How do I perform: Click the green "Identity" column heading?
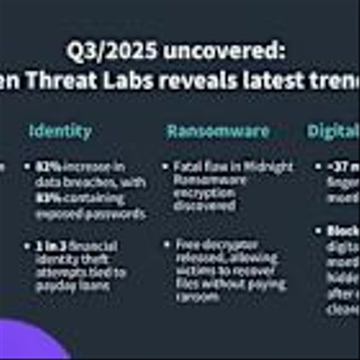pyautogui.click(x=60, y=130)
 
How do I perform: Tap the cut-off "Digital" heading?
pyautogui.click(x=333, y=130)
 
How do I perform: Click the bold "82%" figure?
pyautogui.click(x=46, y=167)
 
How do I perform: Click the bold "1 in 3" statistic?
pyautogui.click(x=50, y=246)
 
